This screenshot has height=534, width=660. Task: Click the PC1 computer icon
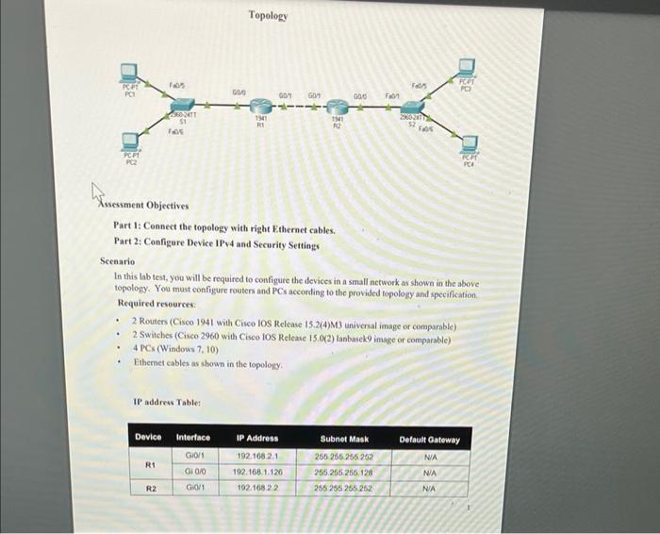point(129,71)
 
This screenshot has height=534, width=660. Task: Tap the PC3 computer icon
point(467,66)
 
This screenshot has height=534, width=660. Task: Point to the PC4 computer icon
point(470,144)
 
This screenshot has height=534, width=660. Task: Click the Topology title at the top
point(268,15)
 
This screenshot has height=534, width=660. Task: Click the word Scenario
point(117,260)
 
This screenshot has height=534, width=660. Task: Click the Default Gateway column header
point(430,440)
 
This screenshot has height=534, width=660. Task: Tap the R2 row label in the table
point(149,489)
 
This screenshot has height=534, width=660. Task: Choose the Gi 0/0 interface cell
point(195,472)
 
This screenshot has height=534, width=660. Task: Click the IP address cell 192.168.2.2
point(256,489)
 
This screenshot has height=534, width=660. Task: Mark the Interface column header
point(193,438)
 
